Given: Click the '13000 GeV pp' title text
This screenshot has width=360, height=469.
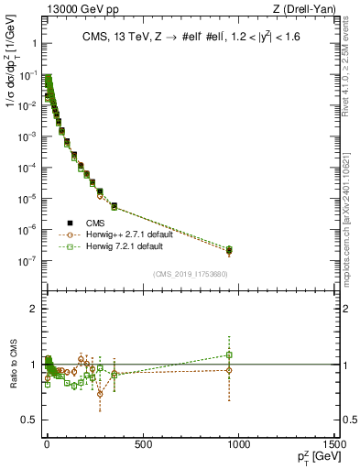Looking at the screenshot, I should (x=72, y=10).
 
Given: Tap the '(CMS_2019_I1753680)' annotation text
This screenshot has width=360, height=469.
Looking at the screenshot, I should (x=191, y=272).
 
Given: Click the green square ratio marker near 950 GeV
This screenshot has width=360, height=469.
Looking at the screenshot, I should (x=229, y=354).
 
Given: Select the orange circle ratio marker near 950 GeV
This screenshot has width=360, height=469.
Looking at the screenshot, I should (x=229, y=370).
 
